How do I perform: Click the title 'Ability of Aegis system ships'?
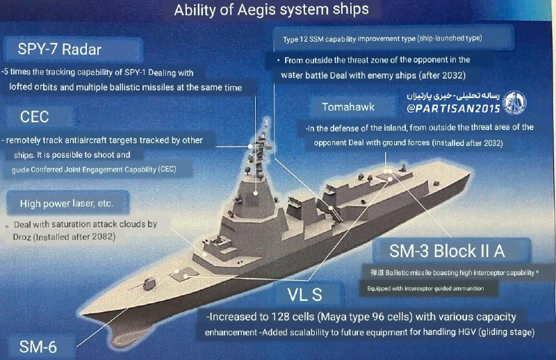click(x=271, y=10)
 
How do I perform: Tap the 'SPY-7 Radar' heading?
click(x=60, y=49)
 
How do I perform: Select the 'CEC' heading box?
click(x=34, y=117)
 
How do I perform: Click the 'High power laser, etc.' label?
click(x=67, y=203)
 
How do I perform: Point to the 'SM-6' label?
click(x=38, y=347)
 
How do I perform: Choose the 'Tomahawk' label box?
click(x=348, y=107)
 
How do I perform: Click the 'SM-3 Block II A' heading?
click(x=447, y=251)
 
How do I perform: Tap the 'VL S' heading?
click(x=304, y=295)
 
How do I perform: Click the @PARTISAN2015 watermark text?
click(x=453, y=108)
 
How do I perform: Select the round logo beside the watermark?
click(x=514, y=102)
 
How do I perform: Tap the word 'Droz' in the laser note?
click(x=22, y=237)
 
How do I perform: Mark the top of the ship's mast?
click(x=266, y=122)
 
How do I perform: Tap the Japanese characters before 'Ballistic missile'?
click(x=377, y=272)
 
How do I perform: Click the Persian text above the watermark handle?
click(x=453, y=96)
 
